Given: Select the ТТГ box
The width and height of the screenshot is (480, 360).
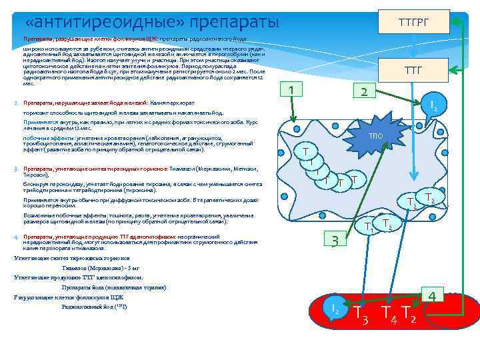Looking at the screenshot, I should (413, 69).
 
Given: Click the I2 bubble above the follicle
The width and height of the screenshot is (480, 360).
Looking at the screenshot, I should (433, 105).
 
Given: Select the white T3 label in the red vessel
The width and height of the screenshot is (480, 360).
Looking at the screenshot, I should (361, 313).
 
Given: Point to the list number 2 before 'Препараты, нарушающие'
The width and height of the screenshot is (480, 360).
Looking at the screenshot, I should (16, 104).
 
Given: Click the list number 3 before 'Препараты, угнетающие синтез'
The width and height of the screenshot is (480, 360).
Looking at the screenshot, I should (16, 169).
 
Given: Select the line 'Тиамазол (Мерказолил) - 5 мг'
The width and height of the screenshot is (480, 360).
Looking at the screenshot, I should (100, 267).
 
